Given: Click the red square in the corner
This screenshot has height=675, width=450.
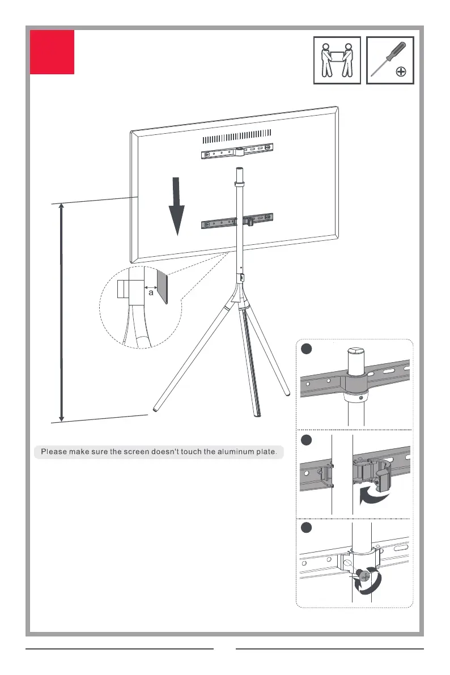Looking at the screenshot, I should click(52, 52).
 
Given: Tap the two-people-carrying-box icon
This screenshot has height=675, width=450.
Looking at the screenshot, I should click(337, 60).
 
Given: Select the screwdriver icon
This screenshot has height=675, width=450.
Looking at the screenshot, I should click(390, 60).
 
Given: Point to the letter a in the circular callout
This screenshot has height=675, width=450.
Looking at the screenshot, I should click(151, 294).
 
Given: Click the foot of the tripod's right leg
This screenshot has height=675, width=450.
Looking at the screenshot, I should click(287, 392).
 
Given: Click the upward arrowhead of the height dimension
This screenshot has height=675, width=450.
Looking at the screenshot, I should click(61, 206).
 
